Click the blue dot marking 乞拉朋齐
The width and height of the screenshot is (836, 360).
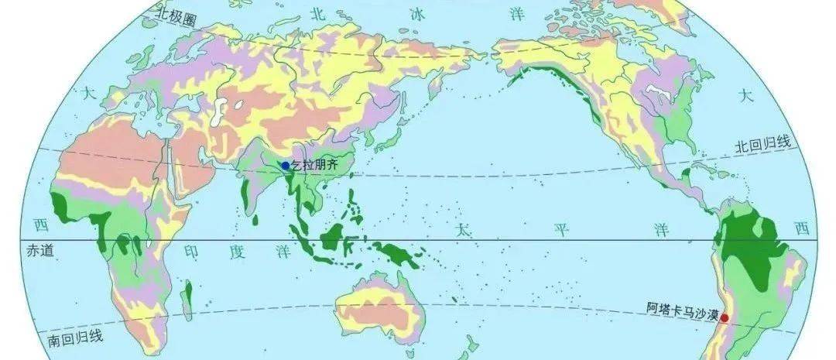point(285,165)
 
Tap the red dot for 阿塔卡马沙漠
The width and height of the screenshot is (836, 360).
point(724,317)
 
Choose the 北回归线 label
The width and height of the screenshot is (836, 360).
point(763,145)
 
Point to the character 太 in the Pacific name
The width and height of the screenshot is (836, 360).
point(462,230)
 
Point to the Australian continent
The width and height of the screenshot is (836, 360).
point(379,310)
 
